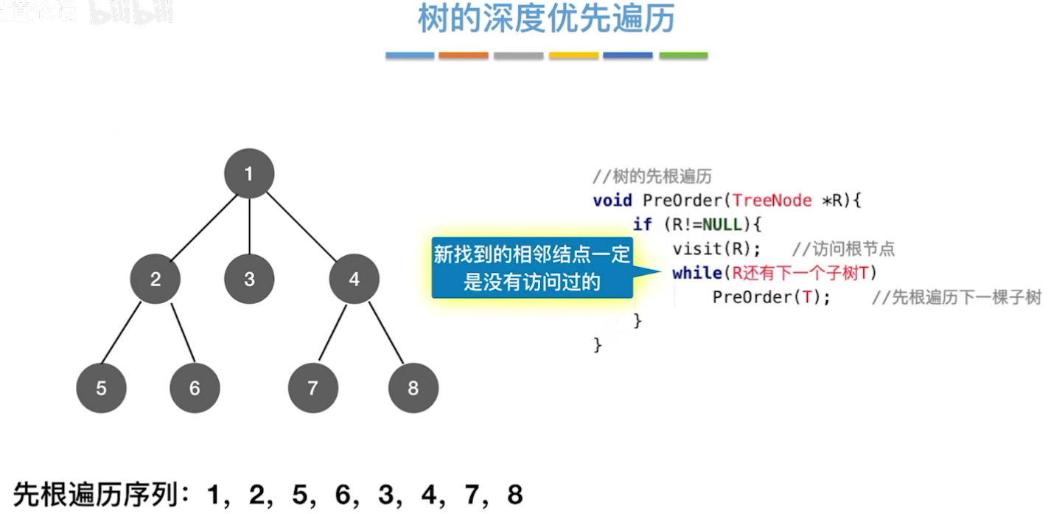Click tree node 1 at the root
pos(249,174)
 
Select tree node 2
pos(156,279)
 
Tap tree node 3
pos(249,279)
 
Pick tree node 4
pos(354,279)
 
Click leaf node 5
pos(101,388)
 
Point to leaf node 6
pos(195,388)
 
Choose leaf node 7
pos(313,388)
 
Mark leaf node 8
pos(413,388)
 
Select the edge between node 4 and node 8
pos(386,333)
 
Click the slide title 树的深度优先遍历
pos(546,20)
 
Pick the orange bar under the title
pos(463,55)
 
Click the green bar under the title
pos(683,55)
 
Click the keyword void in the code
pos(612,200)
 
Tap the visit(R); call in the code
pos(716,249)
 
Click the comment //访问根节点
pos(843,249)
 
